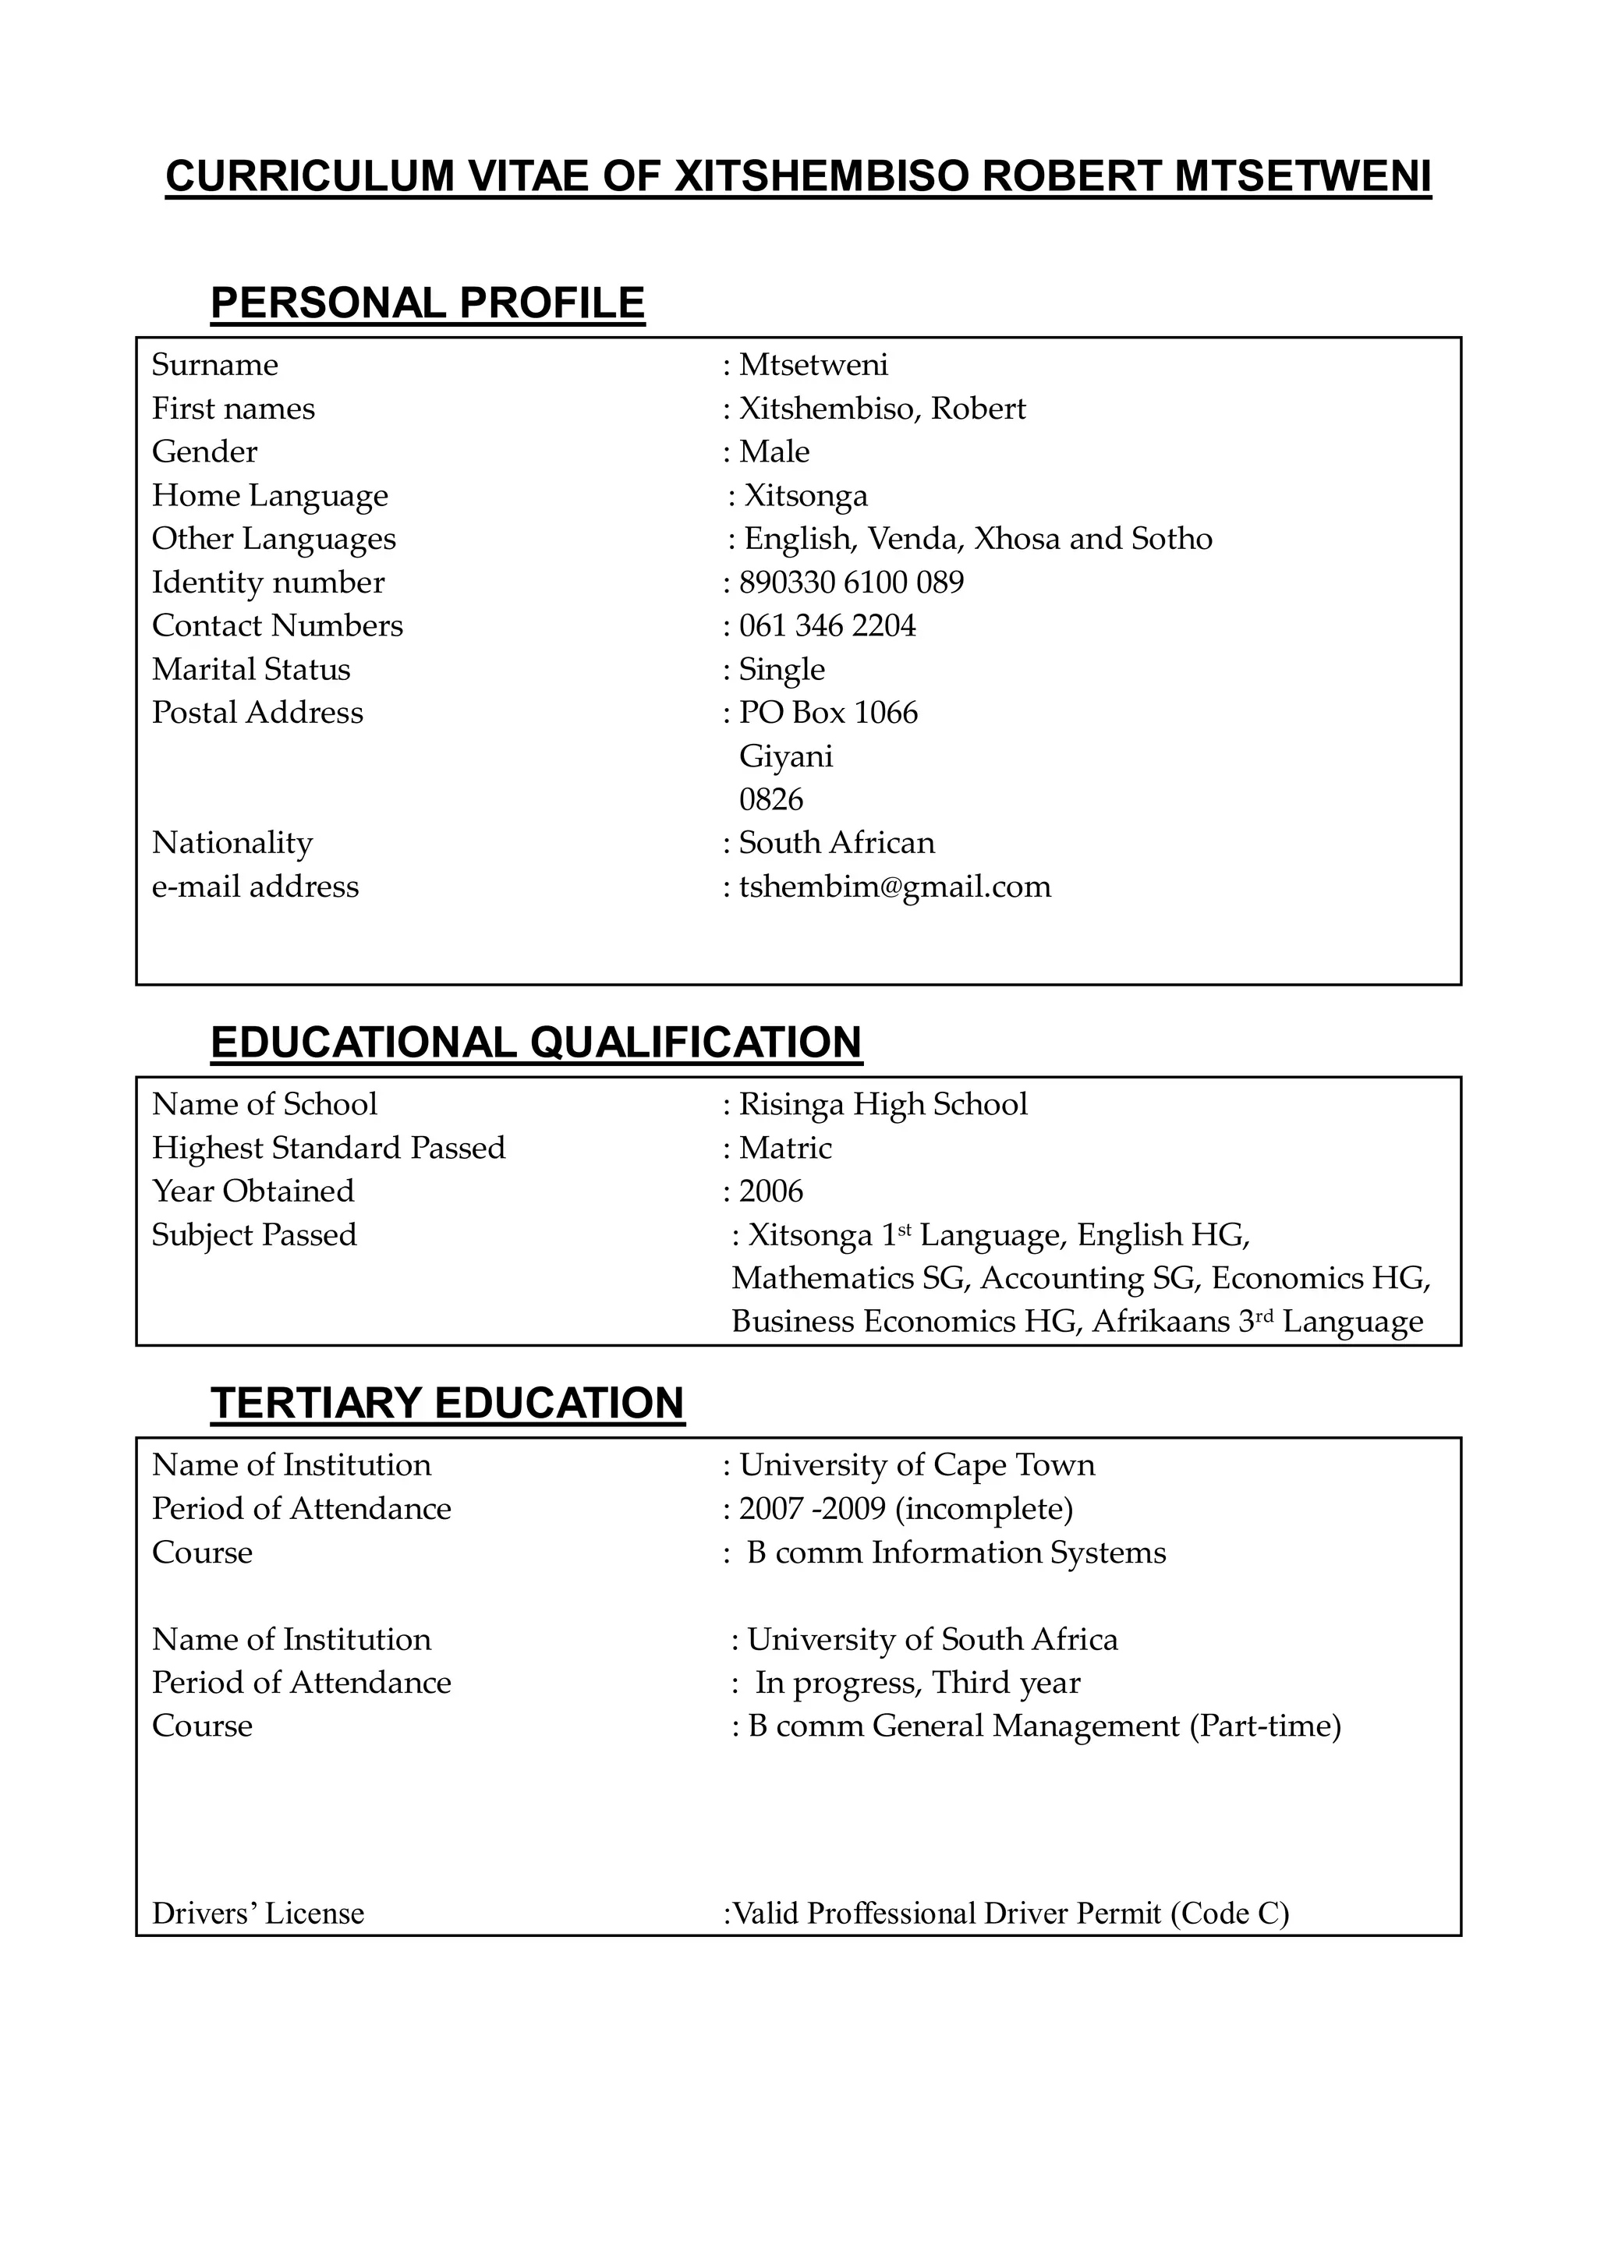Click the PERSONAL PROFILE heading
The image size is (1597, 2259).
pos(427,303)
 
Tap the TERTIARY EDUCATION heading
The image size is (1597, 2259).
pos(447,1403)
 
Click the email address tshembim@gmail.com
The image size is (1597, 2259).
pos(894,887)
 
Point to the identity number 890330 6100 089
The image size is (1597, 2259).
pos(852,582)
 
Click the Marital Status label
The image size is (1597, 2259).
pos(251,669)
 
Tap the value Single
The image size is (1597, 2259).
pos(781,670)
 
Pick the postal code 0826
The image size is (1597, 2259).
pos(770,799)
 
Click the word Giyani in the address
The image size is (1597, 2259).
pos(785,756)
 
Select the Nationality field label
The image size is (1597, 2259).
pos(232,843)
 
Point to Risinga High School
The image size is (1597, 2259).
pos(883,1104)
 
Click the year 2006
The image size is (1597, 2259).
pos(770,1191)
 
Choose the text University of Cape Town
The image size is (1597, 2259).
pos(916,1465)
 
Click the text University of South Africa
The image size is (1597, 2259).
pos(932,1639)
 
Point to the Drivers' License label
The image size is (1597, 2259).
pos(258,1914)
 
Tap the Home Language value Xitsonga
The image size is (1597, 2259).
pos(805,496)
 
